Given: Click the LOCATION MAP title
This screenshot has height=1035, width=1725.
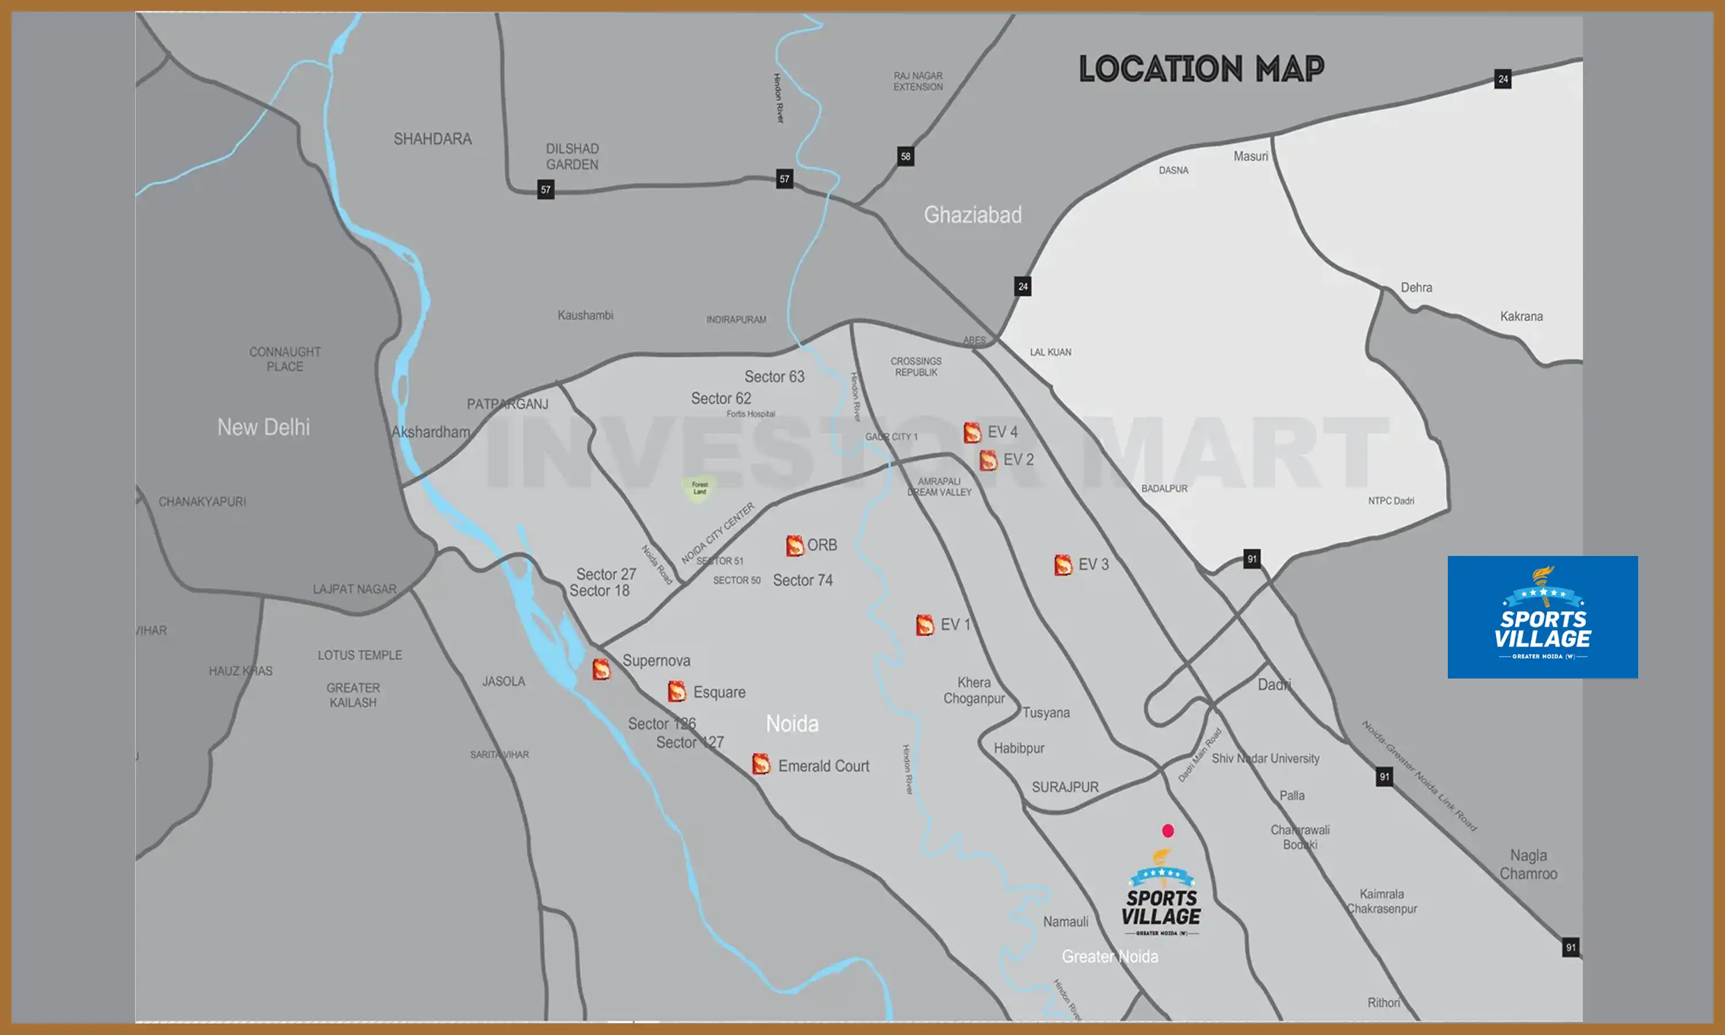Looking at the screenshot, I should click(x=1201, y=69).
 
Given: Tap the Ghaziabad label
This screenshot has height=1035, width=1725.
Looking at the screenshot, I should click(x=973, y=215).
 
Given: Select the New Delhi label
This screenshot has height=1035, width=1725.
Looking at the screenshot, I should click(x=263, y=427).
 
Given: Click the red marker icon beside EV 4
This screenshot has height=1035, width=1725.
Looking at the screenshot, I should click(x=972, y=432).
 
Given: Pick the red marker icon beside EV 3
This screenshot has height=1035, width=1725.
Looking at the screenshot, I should click(x=1063, y=564).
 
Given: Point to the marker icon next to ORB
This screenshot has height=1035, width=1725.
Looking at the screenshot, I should click(x=794, y=546).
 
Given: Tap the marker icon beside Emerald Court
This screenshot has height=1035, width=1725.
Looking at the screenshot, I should click(x=761, y=764).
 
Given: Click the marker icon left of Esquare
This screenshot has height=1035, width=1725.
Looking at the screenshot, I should click(x=676, y=691).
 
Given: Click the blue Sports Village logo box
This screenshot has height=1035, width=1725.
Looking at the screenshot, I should click(x=1542, y=616).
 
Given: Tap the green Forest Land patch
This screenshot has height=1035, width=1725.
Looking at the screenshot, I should click(x=699, y=488).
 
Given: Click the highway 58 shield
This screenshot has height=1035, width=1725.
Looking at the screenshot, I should click(x=905, y=156).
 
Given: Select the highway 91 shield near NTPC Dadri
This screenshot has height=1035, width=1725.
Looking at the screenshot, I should click(x=1252, y=559).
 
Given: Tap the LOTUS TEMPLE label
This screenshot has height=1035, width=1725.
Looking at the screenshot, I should click(x=360, y=655).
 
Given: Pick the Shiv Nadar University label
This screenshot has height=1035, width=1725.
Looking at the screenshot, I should click(x=1265, y=758).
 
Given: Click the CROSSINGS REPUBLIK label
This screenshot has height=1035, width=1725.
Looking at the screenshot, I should click(x=915, y=367).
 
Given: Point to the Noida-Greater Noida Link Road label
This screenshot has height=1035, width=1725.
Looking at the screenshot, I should click(x=1420, y=776).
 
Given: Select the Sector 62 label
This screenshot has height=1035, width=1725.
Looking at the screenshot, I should click(x=721, y=398).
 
